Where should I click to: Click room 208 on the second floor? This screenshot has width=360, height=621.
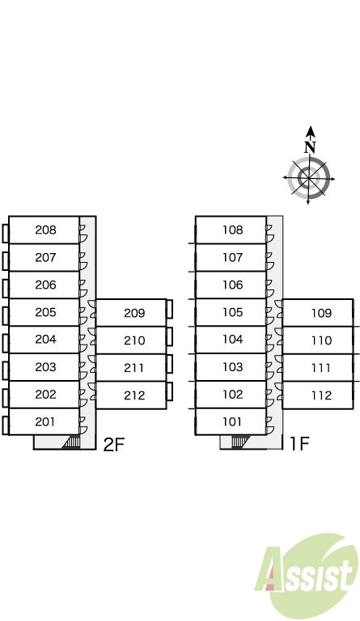44,230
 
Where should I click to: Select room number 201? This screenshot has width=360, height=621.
44,422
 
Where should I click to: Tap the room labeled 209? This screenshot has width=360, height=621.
131,313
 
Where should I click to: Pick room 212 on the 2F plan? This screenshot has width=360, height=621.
131,395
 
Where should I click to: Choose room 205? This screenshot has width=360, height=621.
44,312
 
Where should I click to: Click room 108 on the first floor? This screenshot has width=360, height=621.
231,230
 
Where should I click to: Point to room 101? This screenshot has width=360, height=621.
231,421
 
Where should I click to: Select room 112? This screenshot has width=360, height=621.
318,395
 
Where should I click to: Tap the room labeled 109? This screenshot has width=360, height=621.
318,313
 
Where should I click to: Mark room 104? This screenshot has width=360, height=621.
231,340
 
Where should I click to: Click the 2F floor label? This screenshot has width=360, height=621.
114,445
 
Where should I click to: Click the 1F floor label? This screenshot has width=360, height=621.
299,444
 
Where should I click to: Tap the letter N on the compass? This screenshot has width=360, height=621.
310,148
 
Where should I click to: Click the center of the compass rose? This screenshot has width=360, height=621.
308,178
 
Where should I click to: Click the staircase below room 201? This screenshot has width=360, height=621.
71,442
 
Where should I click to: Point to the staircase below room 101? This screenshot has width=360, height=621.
239,441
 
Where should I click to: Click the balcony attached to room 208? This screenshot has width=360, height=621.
5,234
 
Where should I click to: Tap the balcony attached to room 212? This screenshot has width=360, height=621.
169,391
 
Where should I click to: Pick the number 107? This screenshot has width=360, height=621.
232,257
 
